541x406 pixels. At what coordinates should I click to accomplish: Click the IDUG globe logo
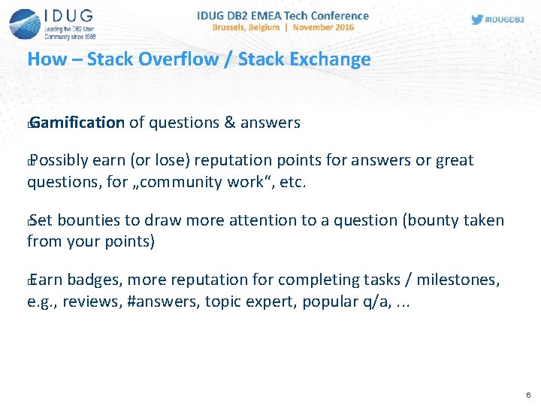[25, 24]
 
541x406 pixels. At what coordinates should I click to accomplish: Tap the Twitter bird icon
[477, 20]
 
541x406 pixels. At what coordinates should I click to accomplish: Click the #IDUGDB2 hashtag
[504, 20]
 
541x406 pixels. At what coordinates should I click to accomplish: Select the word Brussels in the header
[228, 27]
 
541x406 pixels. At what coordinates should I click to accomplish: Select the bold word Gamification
[77, 123]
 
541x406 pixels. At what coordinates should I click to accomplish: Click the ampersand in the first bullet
[229, 123]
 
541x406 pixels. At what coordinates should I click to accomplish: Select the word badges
[95, 280]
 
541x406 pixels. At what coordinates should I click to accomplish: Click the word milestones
[458, 280]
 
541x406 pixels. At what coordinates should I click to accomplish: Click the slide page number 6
[528, 395]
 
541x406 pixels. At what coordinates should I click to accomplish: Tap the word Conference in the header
[340, 16]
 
